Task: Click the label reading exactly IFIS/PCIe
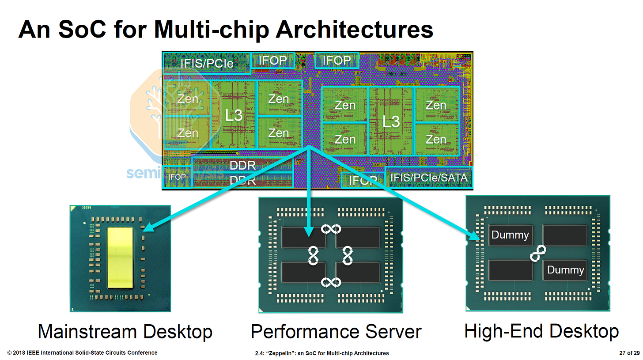(207, 63)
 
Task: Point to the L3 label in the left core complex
(234, 115)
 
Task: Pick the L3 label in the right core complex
(391, 121)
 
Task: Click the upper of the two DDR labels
(242, 166)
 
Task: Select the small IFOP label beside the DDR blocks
(177, 177)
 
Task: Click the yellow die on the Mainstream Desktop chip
(121, 258)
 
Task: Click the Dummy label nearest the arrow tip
(510, 235)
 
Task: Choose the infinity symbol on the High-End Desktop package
(538, 252)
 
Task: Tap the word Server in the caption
(393, 332)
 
